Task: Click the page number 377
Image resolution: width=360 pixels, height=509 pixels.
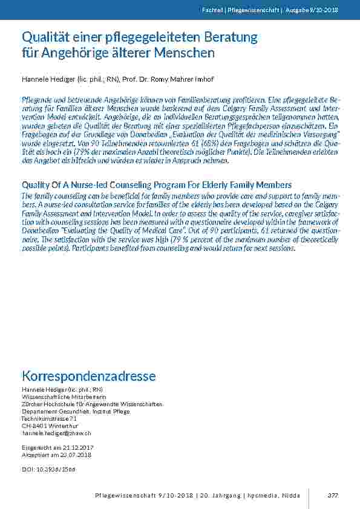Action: pos(332,495)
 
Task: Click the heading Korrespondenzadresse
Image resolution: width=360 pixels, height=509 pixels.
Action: pos(88,376)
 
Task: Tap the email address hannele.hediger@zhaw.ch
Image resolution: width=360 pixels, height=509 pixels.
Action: pos(56,433)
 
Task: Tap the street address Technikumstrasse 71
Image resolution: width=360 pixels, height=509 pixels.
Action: pos(49,418)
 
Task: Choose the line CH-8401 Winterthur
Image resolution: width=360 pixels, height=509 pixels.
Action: pos(46,426)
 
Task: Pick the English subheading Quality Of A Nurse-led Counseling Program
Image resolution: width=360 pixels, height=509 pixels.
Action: pos(156,184)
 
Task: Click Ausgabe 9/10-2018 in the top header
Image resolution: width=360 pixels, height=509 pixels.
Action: pos(312,10)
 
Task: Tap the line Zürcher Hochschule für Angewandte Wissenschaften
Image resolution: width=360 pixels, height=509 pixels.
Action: pos(92,404)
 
